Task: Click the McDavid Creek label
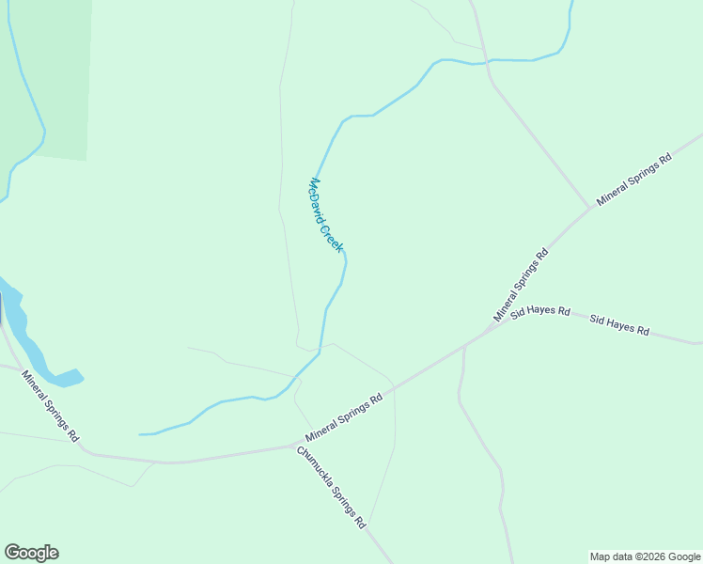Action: pyautogui.click(x=327, y=214)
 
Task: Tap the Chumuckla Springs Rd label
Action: pyautogui.click(x=331, y=488)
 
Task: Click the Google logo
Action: pyautogui.click(x=31, y=553)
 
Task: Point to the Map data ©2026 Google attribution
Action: pyautogui.click(x=645, y=556)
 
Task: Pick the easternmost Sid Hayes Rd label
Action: pyautogui.click(x=619, y=325)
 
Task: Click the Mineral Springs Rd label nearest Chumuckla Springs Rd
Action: pyautogui.click(x=345, y=418)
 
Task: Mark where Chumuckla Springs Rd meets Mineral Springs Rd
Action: pyautogui.click(x=295, y=446)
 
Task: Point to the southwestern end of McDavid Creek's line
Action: pyautogui.click(x=141, y=434)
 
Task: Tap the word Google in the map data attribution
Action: pyautogui.click(x=683, y=556)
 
